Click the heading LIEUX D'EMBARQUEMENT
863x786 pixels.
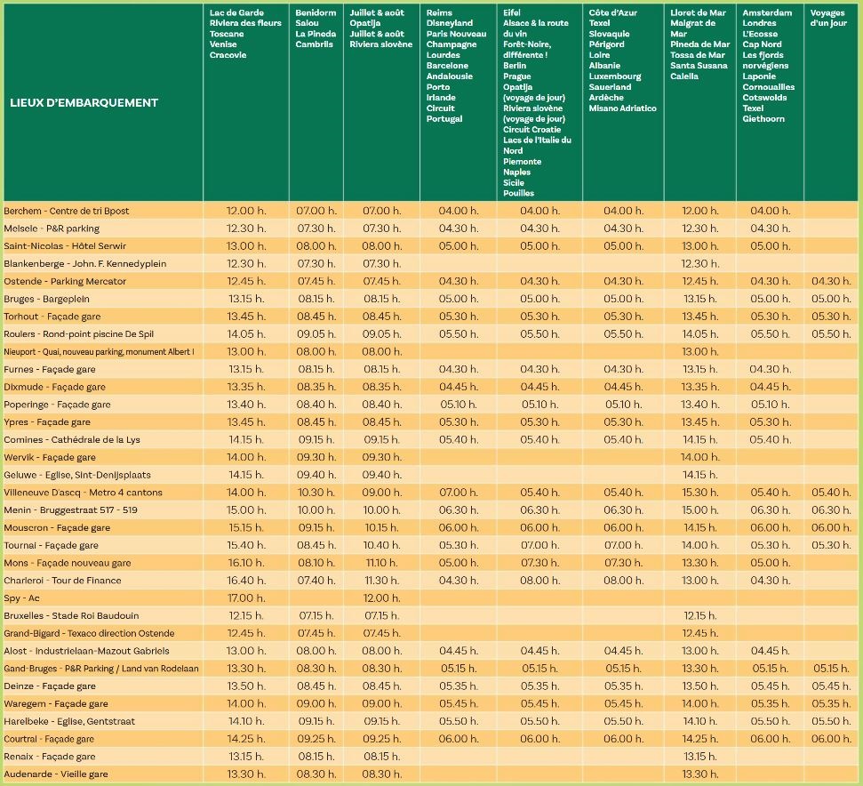[84, 103]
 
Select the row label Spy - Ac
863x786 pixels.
[21, 598]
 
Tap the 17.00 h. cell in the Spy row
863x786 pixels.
[246, 598]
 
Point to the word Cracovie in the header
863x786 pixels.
[228, 55]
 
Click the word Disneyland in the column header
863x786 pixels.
[449, 23]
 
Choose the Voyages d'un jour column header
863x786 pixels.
[827, 18]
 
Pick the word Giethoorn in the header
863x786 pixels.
[763, 119]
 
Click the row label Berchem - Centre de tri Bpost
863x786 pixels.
[67, 211]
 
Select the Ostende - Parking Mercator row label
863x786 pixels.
[65, 281]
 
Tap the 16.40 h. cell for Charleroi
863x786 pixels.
[246, 580]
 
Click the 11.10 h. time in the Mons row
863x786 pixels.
[381, 563]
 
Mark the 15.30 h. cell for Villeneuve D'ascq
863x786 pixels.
[699, 492]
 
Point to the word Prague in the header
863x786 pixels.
[516, 76]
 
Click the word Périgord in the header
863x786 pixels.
[606, 44]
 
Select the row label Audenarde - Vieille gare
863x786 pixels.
[56, 774]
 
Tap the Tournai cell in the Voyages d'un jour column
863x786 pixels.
[831, 545]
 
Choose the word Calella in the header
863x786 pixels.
[684, 76]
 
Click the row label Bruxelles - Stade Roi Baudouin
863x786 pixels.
[72, 615]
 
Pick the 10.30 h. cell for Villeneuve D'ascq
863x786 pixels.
[316, 492]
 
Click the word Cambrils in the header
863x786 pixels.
[315, 44]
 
